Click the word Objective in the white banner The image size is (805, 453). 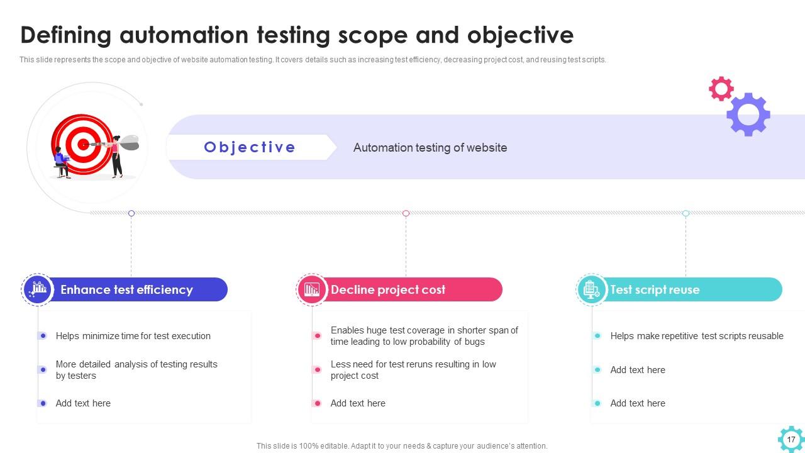click(x=250, y=147)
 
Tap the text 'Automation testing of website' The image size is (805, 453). click(x=430, y=148)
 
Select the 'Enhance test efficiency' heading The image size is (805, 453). click(x=126, y=290)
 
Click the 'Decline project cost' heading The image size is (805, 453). click(x=387, y=290)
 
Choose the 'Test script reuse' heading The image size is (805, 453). click(x=654, y=290)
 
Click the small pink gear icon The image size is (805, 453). click(x=721, y=89)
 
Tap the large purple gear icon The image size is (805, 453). click(x=748, y=115)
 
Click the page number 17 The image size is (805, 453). click(x=791, y=439)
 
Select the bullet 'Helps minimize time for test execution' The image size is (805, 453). click(x=133, y=336)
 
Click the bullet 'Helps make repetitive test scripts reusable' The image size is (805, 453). click(x=696, y=336)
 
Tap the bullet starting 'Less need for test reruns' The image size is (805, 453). click(x=413, y=370)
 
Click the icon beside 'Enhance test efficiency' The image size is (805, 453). click(x=38, y=289)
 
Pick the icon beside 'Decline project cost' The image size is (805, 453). click(x=312, y=289)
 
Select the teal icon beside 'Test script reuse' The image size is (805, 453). click(x=591, y=289)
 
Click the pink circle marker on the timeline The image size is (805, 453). click(x=406, y=213)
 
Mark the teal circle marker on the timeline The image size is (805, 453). click(x=686, y=213)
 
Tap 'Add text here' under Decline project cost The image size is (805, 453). click(x=358, y=403)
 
